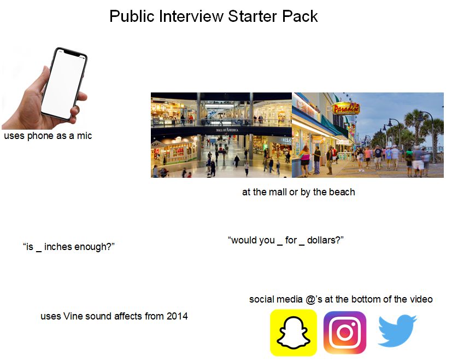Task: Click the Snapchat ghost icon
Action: click(x=293, y=333)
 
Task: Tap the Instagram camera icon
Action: click(x=345, y=333)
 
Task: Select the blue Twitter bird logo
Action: click(x=397, y=330)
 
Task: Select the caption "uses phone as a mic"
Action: click(x=48, y=136)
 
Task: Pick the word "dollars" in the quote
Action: click(x=322, y=240)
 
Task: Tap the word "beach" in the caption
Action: click(x=342, y=192)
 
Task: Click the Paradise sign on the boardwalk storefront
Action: click(x=346, y=108)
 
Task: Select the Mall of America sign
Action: click(x=227, y=130)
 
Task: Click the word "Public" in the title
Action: click(x=132, y=16)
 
